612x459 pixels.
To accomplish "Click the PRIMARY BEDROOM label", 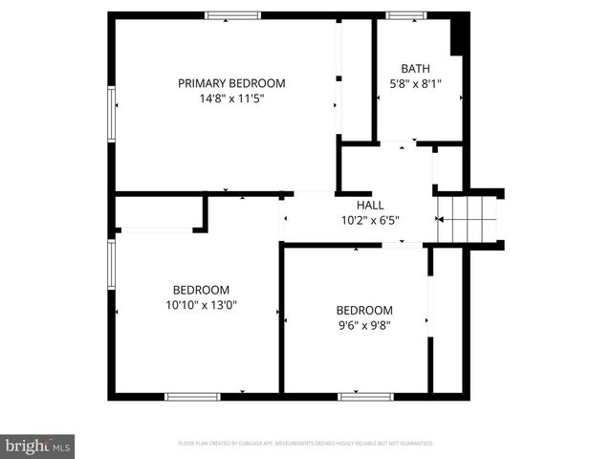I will [x=231, y=83].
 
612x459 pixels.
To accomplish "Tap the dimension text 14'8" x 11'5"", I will [x=231, y=98].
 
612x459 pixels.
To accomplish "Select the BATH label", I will [x=415, y=68].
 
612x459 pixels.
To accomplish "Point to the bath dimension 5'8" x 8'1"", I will [x=415, y=83].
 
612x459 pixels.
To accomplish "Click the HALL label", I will [x=370, y=205].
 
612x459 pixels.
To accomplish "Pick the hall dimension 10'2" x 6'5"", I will [x=370, y=220].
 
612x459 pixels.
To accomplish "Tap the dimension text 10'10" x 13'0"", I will [x=201, y=305].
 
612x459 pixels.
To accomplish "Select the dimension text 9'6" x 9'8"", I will [x=363, y=325].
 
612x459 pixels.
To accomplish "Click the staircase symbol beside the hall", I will [x=469, y=220].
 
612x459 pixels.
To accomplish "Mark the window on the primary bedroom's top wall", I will [x=232, y=15].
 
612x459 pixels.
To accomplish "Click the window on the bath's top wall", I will [x=406, y=15].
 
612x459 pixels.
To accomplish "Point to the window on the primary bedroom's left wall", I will [x=112, y=114].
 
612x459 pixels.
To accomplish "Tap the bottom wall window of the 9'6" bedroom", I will [x=365, y=396].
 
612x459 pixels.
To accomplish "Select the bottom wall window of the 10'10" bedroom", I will [x=192, y=396].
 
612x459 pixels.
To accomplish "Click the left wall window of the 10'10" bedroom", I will [x=112, y=263].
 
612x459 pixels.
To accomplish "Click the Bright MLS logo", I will [x=38, y=446].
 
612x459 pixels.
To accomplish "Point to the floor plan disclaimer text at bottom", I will [x=306, y=444].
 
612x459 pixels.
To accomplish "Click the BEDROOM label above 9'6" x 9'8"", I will [x=363, y=310].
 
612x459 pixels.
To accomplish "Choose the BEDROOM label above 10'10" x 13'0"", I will [x=201, y=290].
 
